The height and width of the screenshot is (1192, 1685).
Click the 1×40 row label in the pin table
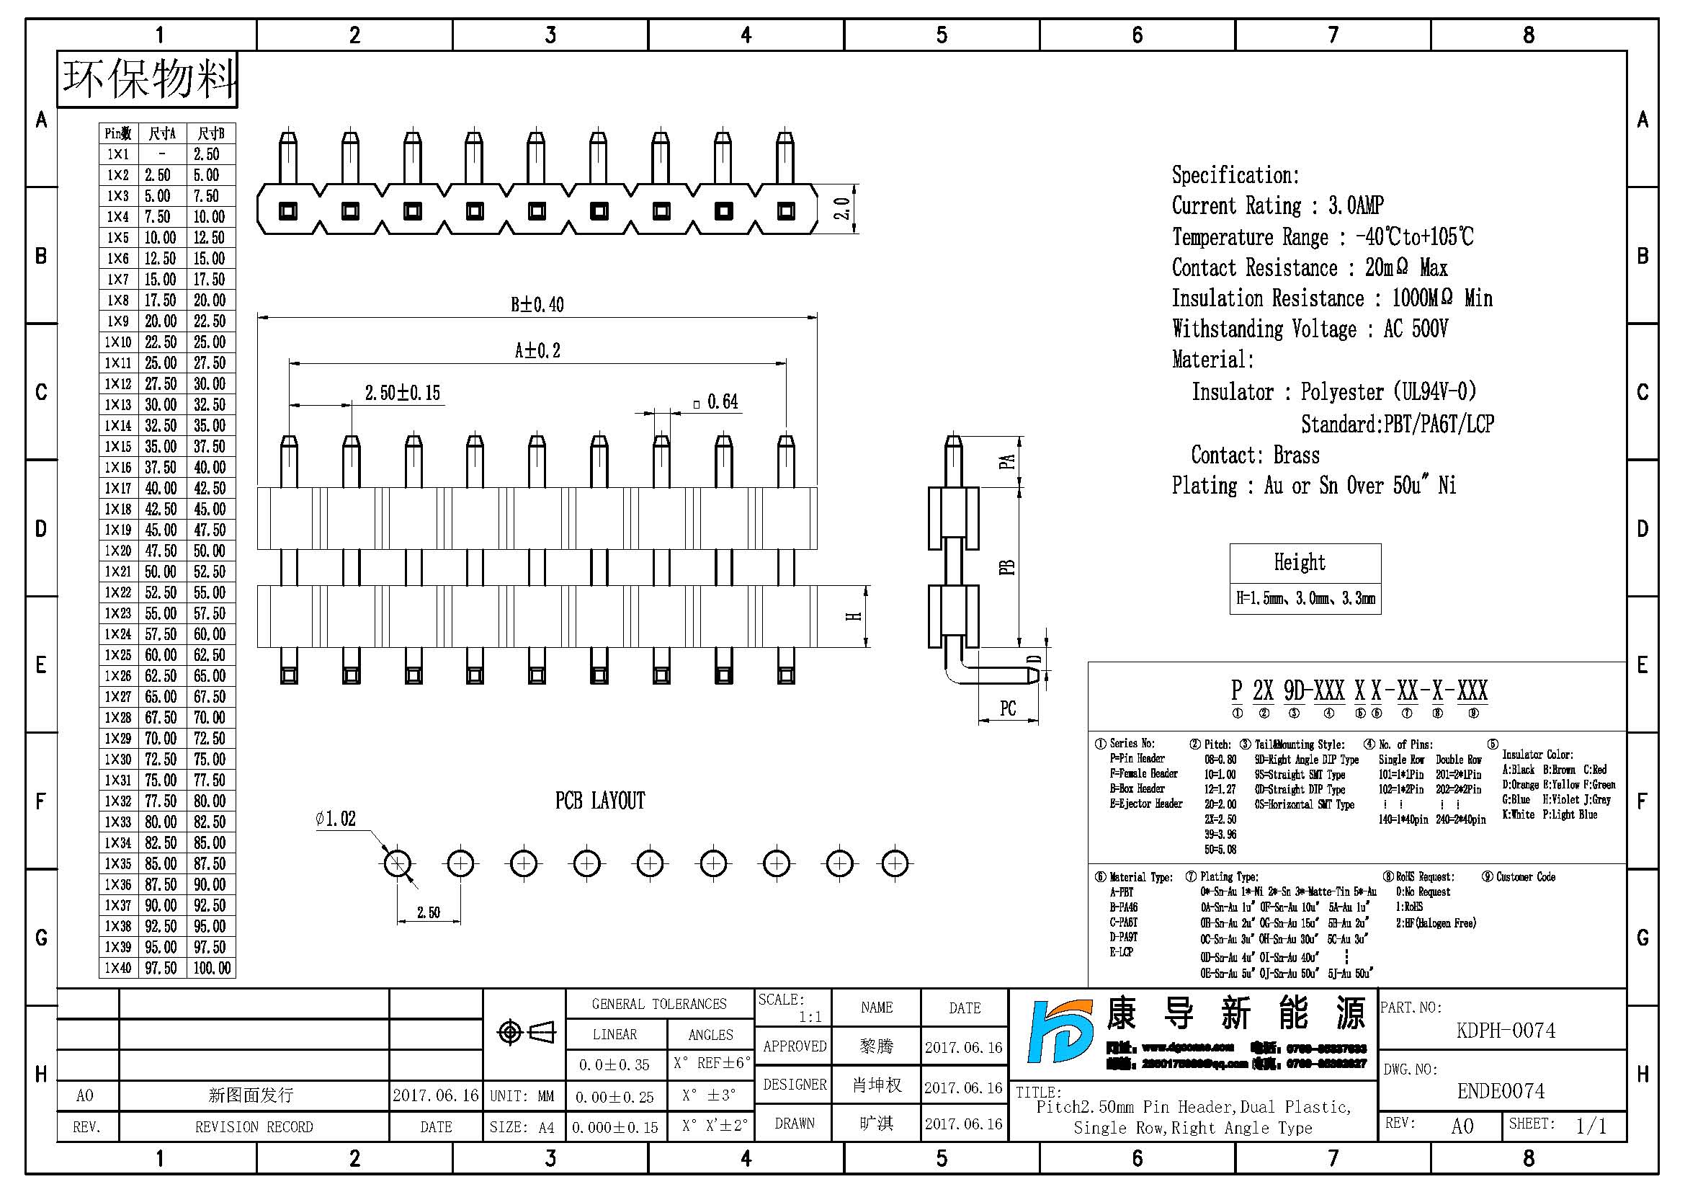click(x=117, y=968)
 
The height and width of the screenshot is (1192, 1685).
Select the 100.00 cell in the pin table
click(x=211, y=968)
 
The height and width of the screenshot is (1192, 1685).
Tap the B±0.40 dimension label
click(x=537, y=305)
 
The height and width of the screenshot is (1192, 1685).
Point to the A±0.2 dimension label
click(x=537, y=351)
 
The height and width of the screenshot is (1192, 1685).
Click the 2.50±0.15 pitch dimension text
click(x=403, y=393)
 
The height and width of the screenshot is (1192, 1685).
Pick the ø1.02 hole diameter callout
click(x=336, y=819)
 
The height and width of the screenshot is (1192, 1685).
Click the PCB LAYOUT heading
click(x=599, y=801)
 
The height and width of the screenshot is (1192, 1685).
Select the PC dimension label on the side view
click(x=1008, y=708)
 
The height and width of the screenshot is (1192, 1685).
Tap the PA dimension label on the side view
click(x=1007, y=462)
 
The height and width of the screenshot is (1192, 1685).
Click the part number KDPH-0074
click(x=1505, y=1031)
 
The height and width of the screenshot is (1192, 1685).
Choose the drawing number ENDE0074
click(x=1501, y=1091)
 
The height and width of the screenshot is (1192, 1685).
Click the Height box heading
click(x=1299, y=563)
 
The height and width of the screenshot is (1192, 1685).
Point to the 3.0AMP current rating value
click(x=1356, y=205)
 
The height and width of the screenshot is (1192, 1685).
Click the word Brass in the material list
click(x=1296, y=455)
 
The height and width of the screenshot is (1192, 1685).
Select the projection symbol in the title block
click(x=525, y=1032)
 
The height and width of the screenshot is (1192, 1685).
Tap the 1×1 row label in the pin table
click(x=117, y=154)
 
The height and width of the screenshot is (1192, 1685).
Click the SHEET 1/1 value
click(x=1591, y=1126)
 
